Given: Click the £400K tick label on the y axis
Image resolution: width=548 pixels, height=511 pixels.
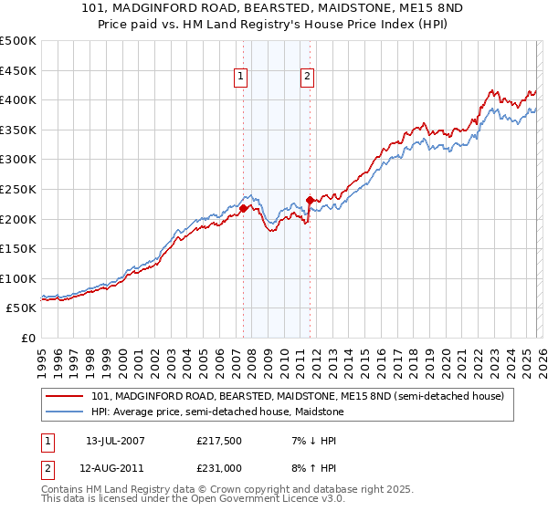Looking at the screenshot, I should [x=18, y=99].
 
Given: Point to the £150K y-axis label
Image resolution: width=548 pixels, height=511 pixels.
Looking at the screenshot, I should [x=18, y=248].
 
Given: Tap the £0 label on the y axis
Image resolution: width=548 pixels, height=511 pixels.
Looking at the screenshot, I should [x=28, y=338].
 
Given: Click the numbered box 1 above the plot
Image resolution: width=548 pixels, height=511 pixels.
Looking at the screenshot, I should [x=241, y=78].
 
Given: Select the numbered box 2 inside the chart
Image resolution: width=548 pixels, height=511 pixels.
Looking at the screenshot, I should [x=307, y=78].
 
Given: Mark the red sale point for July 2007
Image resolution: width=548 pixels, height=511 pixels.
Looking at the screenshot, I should [x=244, y=208].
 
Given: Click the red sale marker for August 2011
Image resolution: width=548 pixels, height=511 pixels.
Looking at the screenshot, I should [x=310, y=200].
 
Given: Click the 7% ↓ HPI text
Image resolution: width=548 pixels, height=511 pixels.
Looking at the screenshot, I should [x=306, y=440].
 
